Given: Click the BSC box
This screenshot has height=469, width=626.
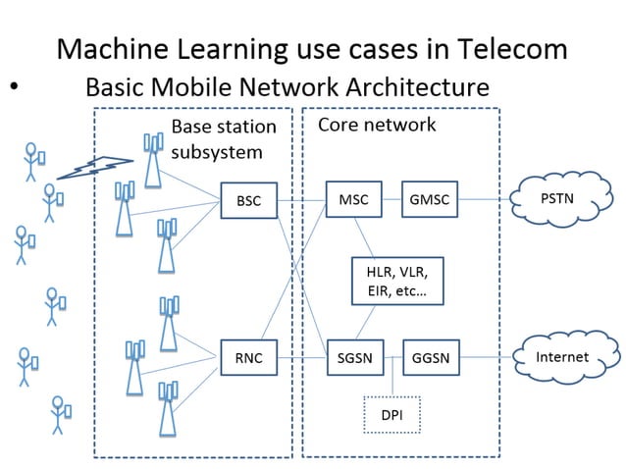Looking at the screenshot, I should point(248,200).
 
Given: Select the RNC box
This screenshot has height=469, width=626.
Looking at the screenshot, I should point(248,357).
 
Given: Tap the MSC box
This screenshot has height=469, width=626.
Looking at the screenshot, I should point(353,200).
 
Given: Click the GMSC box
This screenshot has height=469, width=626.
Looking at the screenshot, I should point(430,200).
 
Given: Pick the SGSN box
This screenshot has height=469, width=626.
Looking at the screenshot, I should point(353,357).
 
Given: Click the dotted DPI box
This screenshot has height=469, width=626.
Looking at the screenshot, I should point(391,414).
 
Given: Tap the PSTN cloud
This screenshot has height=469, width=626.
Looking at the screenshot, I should point(557,200).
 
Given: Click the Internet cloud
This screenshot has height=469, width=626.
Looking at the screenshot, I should point(562,357).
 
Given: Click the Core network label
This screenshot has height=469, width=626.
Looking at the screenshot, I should point(377,126).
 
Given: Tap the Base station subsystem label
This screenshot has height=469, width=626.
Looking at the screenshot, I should point(223,139).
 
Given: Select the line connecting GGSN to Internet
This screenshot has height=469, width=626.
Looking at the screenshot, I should point(489,357).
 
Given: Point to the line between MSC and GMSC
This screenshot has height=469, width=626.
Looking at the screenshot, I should point(391,200).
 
